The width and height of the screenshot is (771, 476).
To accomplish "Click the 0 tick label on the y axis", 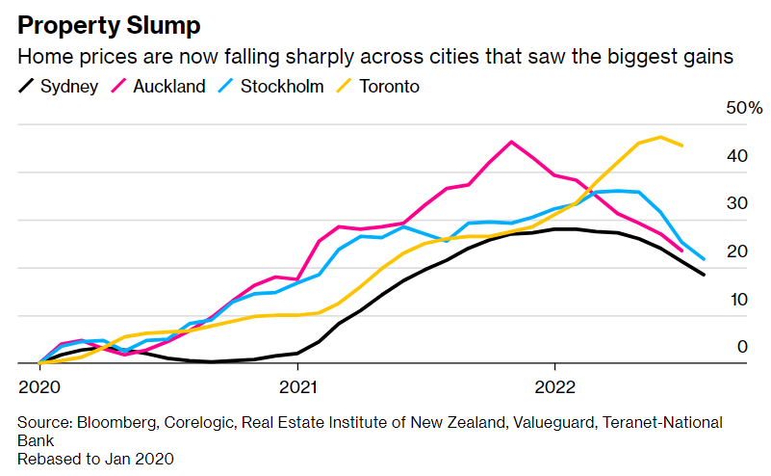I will click(x=742, y=347).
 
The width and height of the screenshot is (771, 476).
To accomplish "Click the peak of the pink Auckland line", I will click(x=510, y=142).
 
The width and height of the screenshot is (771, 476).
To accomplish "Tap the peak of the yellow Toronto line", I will click(x=660, y=137).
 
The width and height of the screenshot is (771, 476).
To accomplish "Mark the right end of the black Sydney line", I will click(x=704, y=275).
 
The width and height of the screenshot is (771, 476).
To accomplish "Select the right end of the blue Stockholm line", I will click(x=704, y=259).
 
